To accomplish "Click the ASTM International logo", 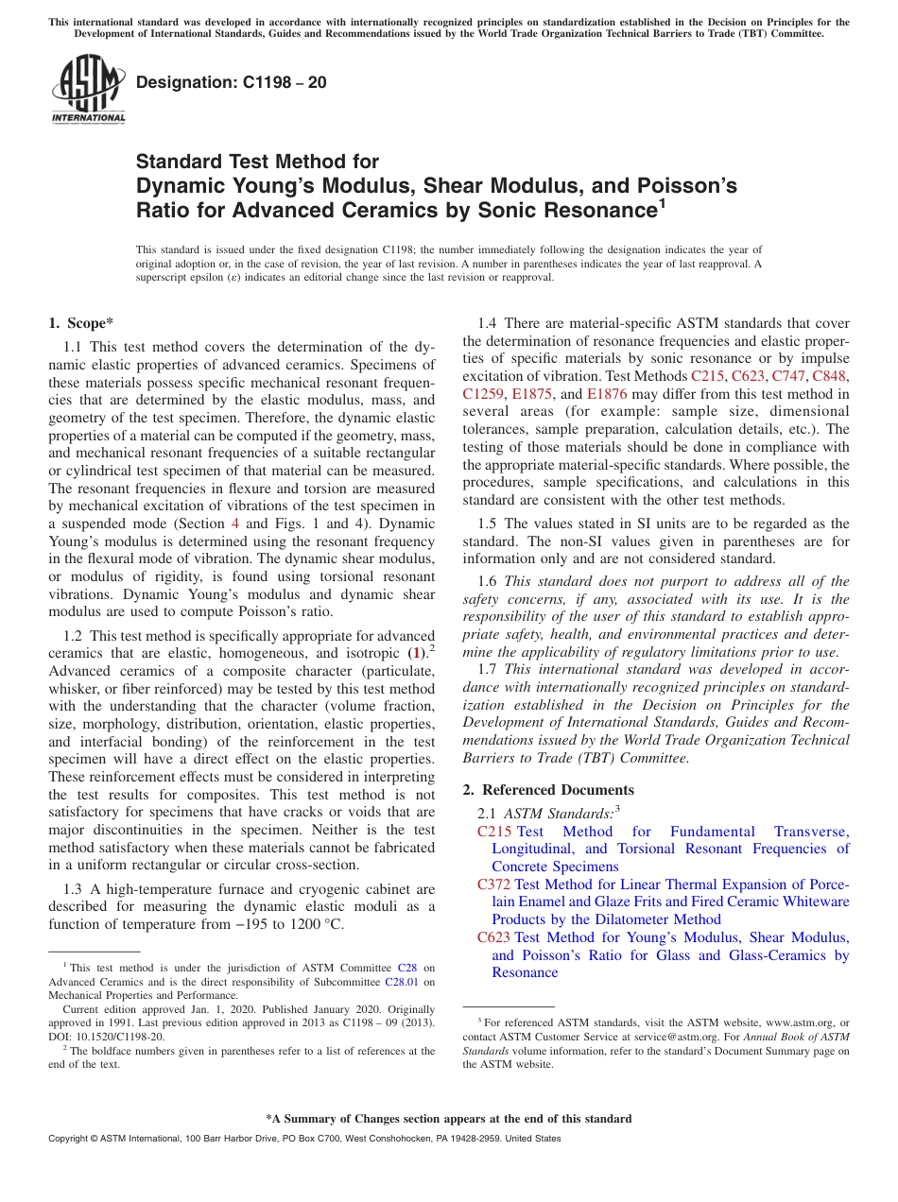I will point(88,90).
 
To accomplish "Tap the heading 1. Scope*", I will point(80,323).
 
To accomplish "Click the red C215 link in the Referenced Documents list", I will point(494,832).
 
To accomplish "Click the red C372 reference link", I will point(494,884).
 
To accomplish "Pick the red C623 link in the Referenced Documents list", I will point(494,937).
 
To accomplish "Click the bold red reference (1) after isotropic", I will point(415,653).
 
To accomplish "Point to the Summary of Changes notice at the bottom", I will point(448,1119).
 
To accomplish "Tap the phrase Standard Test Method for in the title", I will point(257,162).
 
